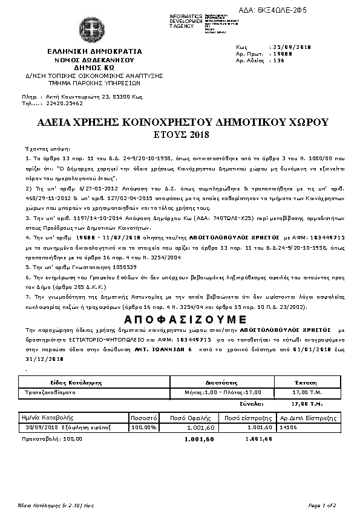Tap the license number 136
[279, 60]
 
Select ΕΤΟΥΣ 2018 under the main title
[179, 134]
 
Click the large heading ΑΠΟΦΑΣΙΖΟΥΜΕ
[179, 319]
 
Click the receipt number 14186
[290, 427]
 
